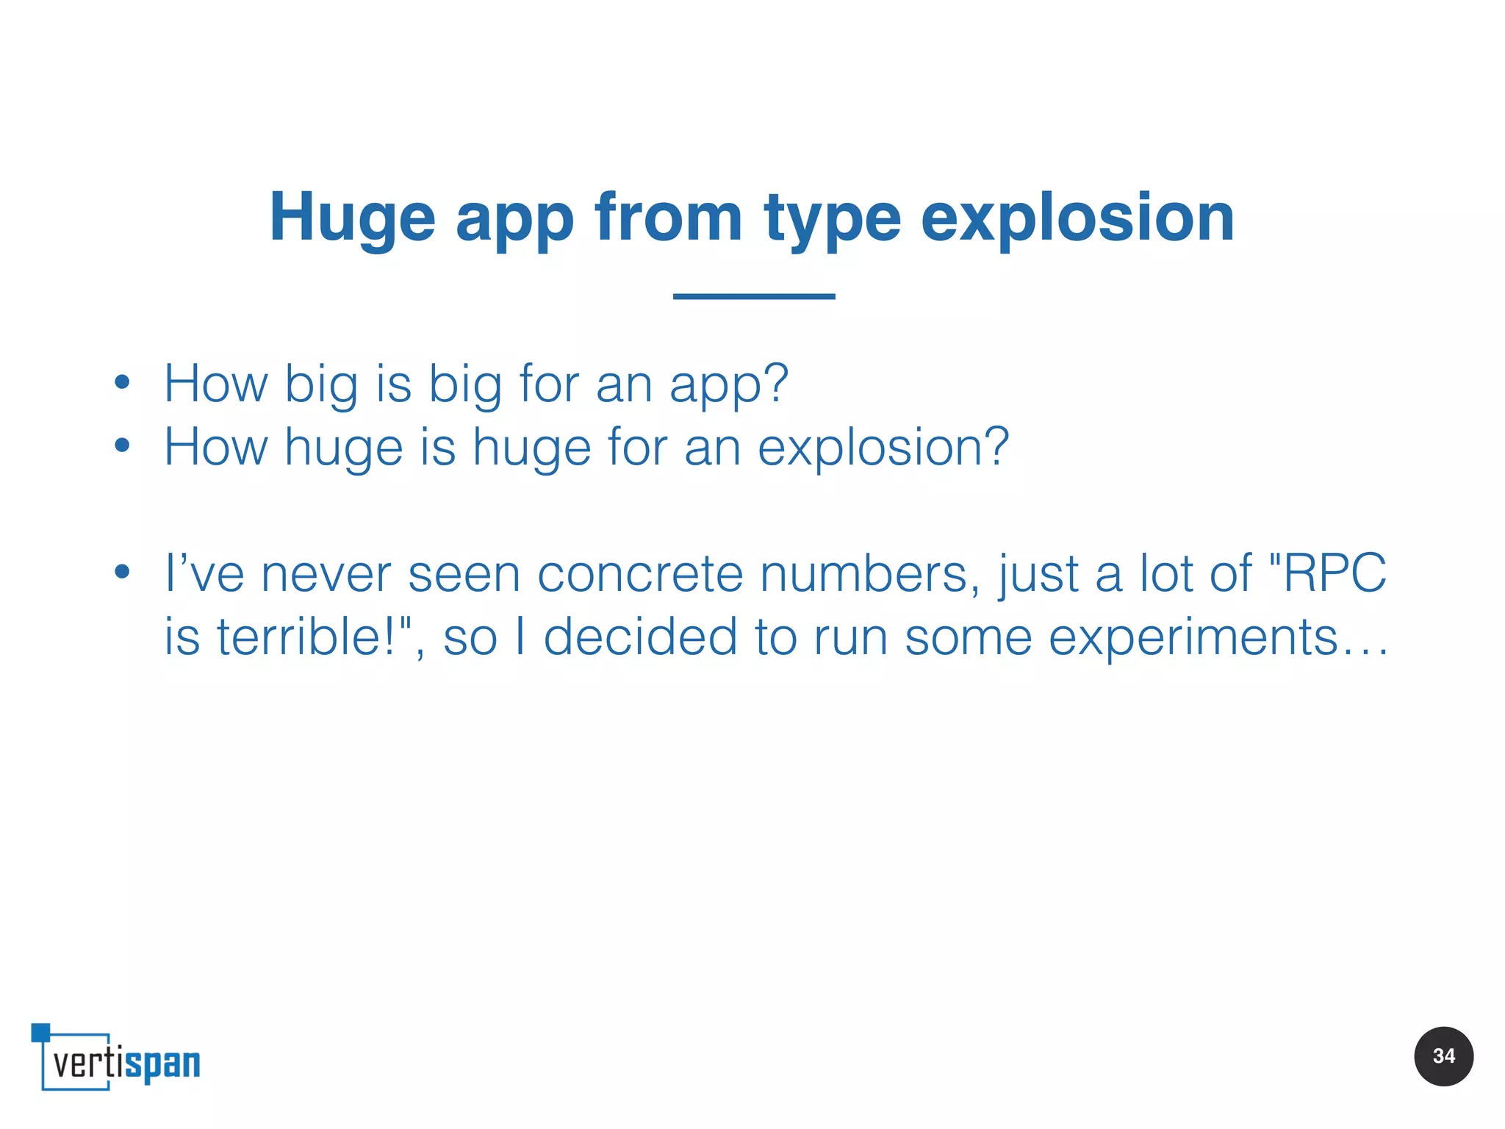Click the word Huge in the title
[x=353, y=218]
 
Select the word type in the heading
[x=832, y=218]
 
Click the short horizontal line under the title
[x=754, y=296]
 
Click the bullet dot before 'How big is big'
[x=122, y=382]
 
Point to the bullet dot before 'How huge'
[x=122, y=445]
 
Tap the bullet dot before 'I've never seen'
[x=122, y=571]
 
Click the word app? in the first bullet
[x=728, y=384]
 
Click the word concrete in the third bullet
[x=640, y=573]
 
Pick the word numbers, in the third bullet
[x=870, y=573]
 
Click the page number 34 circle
[x=1443, y=1056]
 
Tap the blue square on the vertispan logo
[x=40, y=1032]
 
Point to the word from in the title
[x=669, y=218]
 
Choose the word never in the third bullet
[x=326, y=573]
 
